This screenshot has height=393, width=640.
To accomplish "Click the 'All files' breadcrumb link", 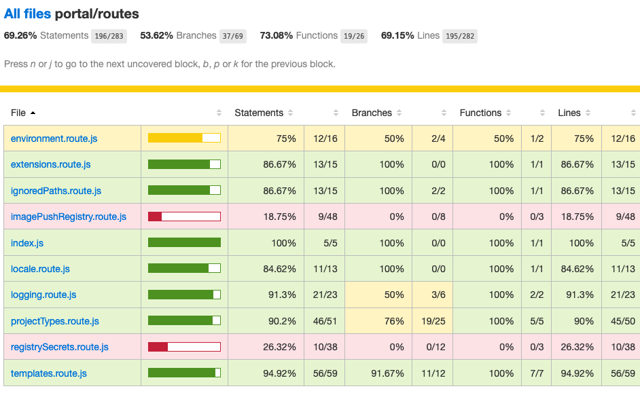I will (28, 14).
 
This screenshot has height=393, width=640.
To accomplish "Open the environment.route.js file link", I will (54, 138).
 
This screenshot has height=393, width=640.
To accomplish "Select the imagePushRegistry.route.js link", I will (69, 217).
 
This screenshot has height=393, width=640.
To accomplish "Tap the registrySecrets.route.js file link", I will (60, 347).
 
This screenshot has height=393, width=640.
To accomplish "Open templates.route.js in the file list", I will (49, 373).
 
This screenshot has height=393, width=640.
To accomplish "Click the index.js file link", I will (27, 243).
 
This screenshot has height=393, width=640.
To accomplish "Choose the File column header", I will (19, 113).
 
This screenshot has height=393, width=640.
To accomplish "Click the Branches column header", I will (372, 113).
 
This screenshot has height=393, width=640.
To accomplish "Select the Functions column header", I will (480, 113).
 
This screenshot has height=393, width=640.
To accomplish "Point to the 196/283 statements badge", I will (109, 36).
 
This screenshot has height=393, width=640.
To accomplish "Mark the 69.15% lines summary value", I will (397, 35).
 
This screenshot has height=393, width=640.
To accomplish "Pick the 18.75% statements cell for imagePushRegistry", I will (279, 217).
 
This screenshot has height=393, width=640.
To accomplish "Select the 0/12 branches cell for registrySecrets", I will (433, 347).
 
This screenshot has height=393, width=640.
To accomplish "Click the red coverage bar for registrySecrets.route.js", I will (184, 347).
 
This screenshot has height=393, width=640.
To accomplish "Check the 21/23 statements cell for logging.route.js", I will (325, 295).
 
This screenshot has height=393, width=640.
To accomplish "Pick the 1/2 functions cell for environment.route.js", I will (536, 138).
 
